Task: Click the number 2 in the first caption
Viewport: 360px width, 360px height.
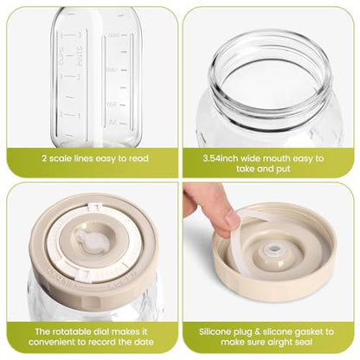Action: pos(45,158)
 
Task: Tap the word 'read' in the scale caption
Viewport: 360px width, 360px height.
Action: pos(138,158)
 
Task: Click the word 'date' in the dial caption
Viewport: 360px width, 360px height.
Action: pos(145,342)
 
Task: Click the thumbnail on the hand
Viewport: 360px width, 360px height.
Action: pos(232,218)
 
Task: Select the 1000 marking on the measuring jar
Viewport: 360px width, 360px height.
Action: pos(111,70)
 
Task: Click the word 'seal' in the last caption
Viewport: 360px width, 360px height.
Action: pos(304,342)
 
